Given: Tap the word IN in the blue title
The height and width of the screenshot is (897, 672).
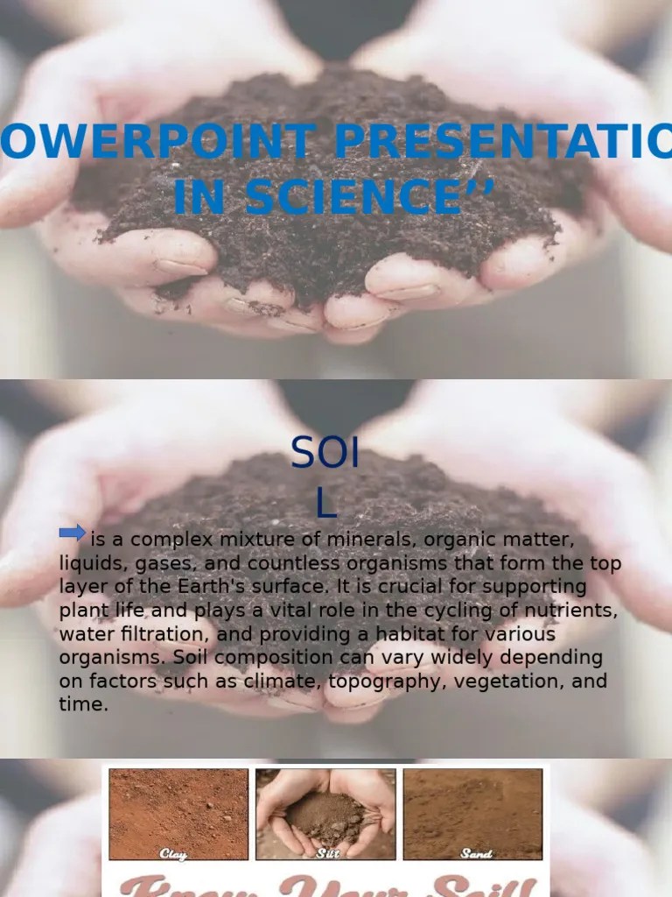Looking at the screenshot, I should click(x=200, y=197).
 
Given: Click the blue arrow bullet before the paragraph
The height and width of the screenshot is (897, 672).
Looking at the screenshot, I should click(x=72, y=532).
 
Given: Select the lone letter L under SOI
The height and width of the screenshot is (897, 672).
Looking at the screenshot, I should click(x=325, y=504).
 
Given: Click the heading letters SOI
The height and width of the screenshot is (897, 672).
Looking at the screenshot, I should click(x=325, y=454).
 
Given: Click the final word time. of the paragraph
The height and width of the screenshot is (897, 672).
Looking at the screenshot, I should click(x=83, y=703).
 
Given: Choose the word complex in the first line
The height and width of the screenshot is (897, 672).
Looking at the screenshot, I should click(x=166, y=540).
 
